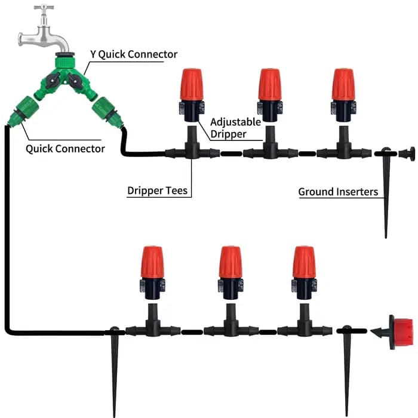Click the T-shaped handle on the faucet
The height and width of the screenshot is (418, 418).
(x=44, y=7)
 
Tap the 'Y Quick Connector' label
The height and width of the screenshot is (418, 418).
(x=134, y=54)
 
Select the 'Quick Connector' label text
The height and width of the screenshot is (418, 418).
(x=65, y=149)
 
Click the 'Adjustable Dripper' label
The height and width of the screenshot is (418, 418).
(x=235, y=128)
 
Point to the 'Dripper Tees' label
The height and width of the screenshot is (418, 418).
(x=157, y=190)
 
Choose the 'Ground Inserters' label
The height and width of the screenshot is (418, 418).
(x=338, y=192)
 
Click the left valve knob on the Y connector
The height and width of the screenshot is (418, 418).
(x=53, y=81)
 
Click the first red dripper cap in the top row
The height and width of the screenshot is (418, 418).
(x=192, y=84)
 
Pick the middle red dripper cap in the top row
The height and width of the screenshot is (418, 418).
(x=270, y=84)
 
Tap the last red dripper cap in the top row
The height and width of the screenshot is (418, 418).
(x=343, y=84)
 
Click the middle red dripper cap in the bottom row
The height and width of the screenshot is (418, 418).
(x=231, y=262)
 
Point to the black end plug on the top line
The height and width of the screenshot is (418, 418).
(x=407, y=154)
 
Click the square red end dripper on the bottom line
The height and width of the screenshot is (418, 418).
(x=401, y=332)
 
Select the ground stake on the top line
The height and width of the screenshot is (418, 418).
(x=386, y=192)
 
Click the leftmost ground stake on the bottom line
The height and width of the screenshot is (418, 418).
(x=115, y=371)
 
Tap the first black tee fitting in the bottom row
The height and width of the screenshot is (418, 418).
(x=153, y=324)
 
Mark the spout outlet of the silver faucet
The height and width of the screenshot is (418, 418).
(x=64, y=50)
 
